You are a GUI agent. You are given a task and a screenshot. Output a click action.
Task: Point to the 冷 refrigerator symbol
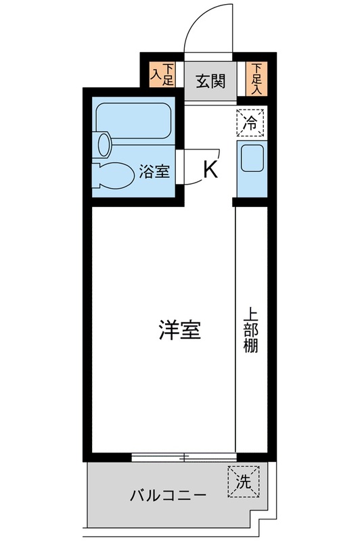pos(250,122)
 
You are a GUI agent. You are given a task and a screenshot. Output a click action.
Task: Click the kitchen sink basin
pos(251,160)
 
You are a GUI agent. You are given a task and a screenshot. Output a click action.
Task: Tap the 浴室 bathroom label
pos(154,171)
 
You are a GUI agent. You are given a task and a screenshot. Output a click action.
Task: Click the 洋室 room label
pos(179,331)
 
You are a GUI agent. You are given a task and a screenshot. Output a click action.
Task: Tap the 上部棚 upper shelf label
pos(251,331)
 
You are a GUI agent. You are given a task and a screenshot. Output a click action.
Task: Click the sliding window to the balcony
pos(183,457)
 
